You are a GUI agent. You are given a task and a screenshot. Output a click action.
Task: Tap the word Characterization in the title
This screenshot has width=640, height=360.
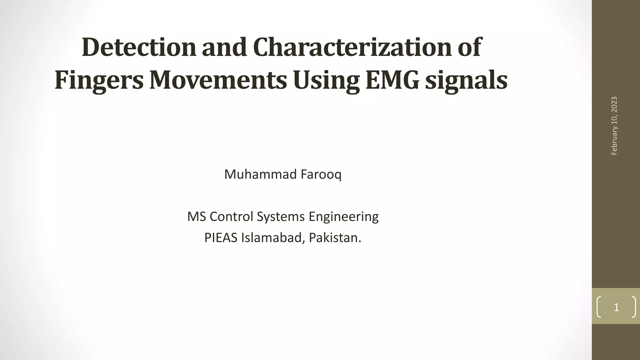click(352, 47)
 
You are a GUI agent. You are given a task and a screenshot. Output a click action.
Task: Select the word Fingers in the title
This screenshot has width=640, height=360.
click(99, 80)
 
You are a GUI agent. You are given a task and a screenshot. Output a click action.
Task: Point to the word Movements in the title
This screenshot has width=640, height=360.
click(218, 80)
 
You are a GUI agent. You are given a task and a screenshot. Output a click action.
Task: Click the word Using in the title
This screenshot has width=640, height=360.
click(326, 80)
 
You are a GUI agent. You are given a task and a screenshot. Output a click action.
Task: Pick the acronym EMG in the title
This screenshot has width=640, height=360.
click(392, 80)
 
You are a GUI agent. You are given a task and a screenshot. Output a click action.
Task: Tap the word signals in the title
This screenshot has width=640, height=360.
click(466, 80)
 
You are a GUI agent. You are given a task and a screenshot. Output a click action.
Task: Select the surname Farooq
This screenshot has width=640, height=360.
click(321, 174)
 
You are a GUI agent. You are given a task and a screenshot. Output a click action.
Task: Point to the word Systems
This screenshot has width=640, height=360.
click(281, 217)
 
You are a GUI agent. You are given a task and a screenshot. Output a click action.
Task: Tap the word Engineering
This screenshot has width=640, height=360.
click(343, 217)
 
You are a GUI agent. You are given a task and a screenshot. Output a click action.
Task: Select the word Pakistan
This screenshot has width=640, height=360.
click(335, 238)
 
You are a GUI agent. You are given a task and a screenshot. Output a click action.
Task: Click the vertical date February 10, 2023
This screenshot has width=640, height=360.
click(614, 126)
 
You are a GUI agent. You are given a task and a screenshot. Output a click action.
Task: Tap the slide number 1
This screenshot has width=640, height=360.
click(616, 307)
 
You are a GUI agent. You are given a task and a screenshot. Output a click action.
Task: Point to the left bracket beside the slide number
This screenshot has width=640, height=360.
click(599, 307)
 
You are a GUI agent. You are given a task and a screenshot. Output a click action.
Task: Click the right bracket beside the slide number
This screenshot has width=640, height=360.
click(633, 307)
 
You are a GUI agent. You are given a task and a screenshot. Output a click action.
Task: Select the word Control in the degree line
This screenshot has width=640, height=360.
click(231, 217)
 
